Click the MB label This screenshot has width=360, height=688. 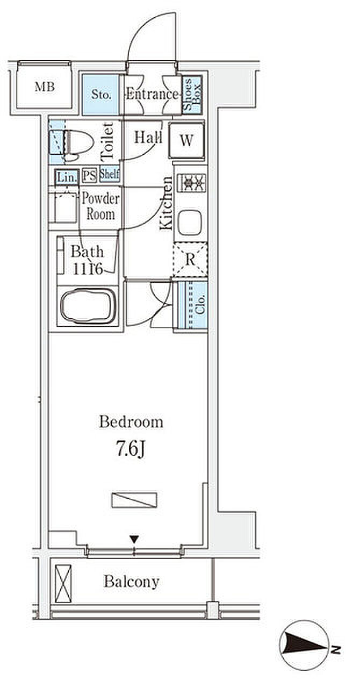(x=45, y=87)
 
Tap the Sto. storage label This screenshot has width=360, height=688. (x=101, y=94)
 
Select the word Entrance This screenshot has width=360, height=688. (x=152, y=94)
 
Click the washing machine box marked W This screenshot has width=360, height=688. (x=186, y=140)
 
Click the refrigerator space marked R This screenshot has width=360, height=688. (x=190, y=260)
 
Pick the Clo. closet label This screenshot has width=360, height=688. (x=200, y=304)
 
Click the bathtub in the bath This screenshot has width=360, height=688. (x=89, y=306)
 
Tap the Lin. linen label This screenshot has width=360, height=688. (x=66, y=177)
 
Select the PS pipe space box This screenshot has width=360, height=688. (x=89, y=176)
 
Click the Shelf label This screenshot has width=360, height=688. (x=110, y=174)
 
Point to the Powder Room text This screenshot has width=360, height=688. (x=100, y=206)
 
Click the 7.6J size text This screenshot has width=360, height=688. (x=131, y=450)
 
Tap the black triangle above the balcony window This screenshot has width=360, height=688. (x=134, y=539)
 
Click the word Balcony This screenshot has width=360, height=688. (x=132, y=582)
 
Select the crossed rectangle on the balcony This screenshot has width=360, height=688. (x=63, y=584)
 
